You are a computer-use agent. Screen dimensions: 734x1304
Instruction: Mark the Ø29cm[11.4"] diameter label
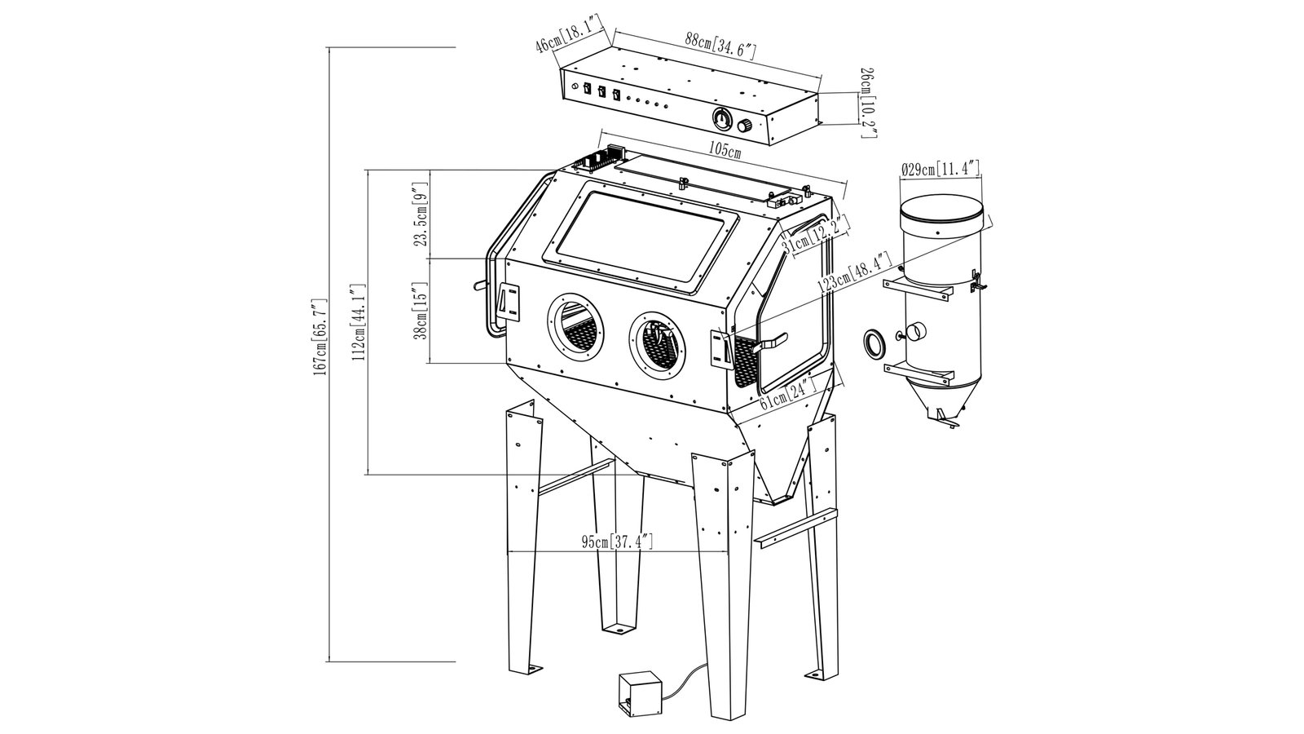pos(940,170)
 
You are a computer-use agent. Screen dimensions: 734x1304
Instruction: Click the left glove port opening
pos(573,325)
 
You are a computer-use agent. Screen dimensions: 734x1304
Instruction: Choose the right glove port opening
pos(657,342)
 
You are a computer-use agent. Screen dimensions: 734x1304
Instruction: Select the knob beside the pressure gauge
pos(746,127)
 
